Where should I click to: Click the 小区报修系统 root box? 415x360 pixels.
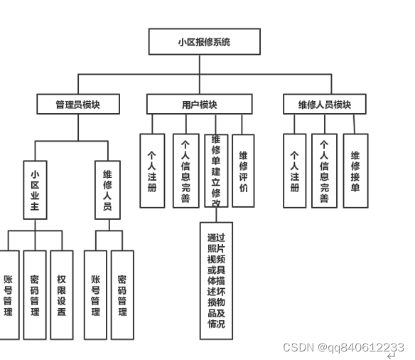tap(204, 41)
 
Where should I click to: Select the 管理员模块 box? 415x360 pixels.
tap(78, 105)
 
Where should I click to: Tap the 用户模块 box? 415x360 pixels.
tap(199, 105)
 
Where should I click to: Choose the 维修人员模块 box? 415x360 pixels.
tap(325, 105)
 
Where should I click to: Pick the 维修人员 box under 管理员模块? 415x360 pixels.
tap(107, 190)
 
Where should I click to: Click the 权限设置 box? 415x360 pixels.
tap(62, 293)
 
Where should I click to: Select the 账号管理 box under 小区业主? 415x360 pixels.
tap(9, 293)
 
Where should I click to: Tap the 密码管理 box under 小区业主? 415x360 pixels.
tap(35, 293)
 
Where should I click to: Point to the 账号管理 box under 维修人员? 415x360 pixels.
tap(95, 293)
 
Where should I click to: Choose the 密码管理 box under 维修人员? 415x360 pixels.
tap(122, 293)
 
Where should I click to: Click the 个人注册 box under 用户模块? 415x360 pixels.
tap(151, 171)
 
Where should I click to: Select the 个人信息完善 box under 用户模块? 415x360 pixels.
tap(185, 171)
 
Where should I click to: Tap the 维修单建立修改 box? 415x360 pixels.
tap(216, 171)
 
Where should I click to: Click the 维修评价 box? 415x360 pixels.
tap(243, 171)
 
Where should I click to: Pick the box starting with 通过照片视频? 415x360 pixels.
tap(216, 280)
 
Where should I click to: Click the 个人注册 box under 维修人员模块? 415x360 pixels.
tap(295, 171)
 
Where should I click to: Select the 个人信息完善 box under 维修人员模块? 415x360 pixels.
tap(324, 171)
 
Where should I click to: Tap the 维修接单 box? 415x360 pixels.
tap(355, 171)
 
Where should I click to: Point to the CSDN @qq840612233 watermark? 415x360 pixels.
tap(343, 347)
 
